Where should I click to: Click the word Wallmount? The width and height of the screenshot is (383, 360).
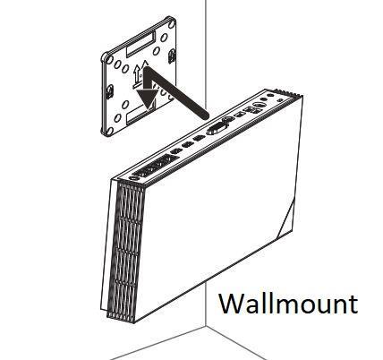point(288,304)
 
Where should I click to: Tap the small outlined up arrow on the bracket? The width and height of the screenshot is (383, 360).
point(136,74)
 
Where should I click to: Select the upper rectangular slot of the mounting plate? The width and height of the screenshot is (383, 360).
point(140,45)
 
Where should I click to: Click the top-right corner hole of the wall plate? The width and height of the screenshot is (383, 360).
point(172,23)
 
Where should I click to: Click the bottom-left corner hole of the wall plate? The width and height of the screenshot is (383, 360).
point(110,131)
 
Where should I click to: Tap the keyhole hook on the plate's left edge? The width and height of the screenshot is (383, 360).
point(110,91)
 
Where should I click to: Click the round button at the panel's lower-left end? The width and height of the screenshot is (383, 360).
point(134,178)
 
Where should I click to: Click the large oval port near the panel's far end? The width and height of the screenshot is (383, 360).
point(259,106)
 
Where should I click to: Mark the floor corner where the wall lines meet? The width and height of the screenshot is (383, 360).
point(206,327)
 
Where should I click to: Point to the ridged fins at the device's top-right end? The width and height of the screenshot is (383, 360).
point(288,93)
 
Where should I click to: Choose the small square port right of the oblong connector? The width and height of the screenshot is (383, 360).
point(238,115)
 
